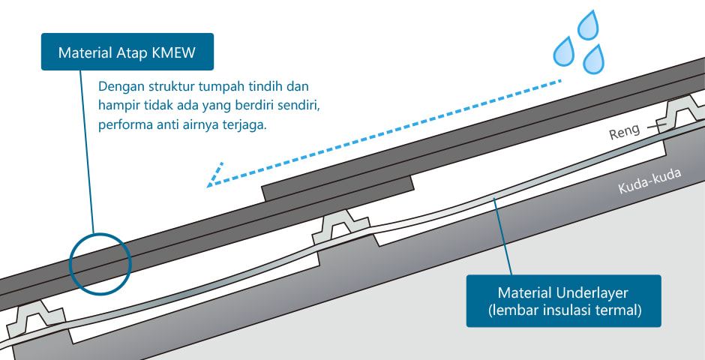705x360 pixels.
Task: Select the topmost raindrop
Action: pyautogui.click(x=588, y=25)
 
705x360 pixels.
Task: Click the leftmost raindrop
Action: pyautogui.click(x=564, y=50)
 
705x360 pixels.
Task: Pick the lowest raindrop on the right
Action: pyautogui.click(x=593, y=59)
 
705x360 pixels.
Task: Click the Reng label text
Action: pyautogui.click(x=625, y=131)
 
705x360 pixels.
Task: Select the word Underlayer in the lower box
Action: pyautogui.click(x=592, y=293)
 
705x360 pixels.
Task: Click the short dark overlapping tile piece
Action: pyautogui.click(x=338, y=188)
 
